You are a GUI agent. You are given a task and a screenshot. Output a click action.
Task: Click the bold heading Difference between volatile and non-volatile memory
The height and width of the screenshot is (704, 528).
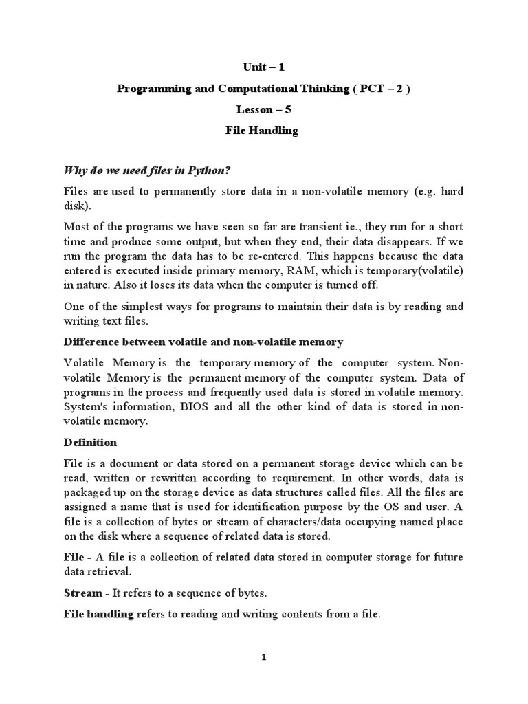coord(203,342)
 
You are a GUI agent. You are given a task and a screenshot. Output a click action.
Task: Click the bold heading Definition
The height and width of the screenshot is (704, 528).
coord(90,442)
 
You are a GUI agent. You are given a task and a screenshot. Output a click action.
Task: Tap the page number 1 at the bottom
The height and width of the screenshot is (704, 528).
coord(263,657)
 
